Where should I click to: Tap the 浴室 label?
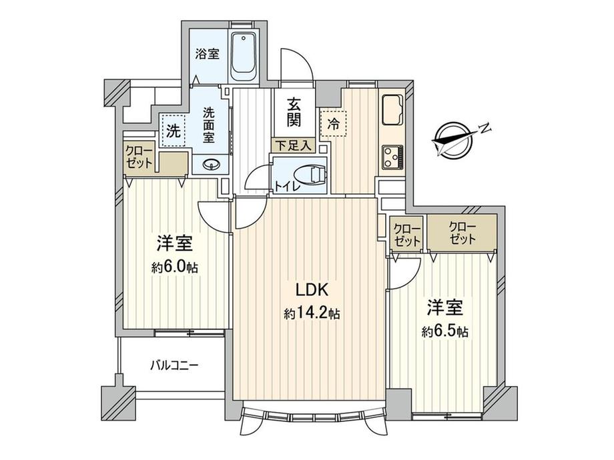[207, 55]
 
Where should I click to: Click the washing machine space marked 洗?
[173, 131]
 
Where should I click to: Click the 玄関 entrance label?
[293, 112]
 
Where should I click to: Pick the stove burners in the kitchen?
[391, 158]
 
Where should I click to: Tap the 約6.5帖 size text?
[442, 331]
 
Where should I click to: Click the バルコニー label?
[174, 365]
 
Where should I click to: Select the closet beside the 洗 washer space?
[139, 160]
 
